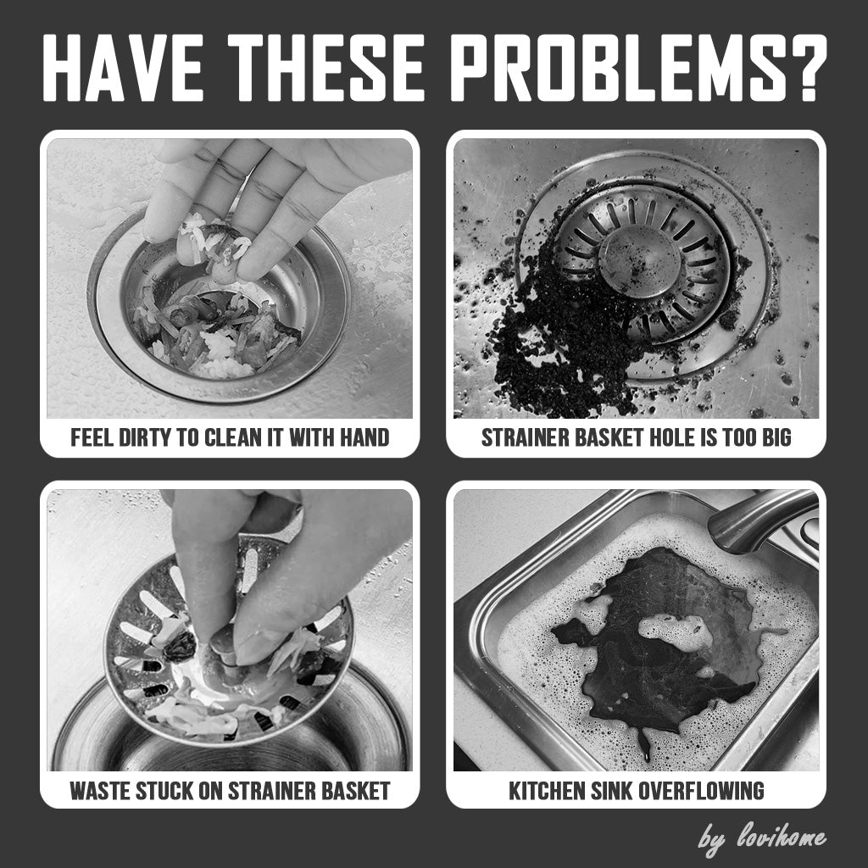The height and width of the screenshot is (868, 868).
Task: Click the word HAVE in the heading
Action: pyautogui.click(x=122, y=68)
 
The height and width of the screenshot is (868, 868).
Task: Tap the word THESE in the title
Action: pyautogui.click(x=326, y=68)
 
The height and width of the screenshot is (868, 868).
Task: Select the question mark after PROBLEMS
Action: pyautogui.click(x=802, y=68)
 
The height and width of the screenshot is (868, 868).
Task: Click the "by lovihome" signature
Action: pyautogui.click(x=762, y=838)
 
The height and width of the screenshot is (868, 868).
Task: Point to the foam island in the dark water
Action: pyautogui.click(x=675, y=631)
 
